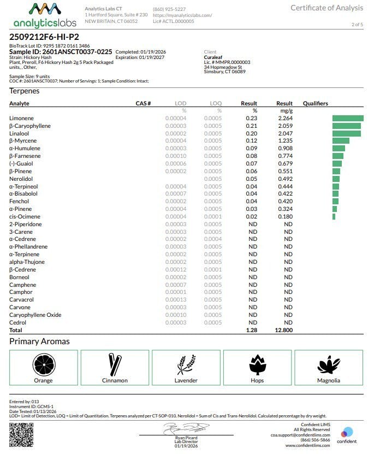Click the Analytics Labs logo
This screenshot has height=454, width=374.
tap(45, 15)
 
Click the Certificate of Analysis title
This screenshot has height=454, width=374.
tap(326, 8)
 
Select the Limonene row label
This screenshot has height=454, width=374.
tap(21, 119)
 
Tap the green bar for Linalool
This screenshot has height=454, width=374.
tap(346, 133)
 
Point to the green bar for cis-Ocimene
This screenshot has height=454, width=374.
tap(334, 216)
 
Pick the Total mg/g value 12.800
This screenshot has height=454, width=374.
tap(283, 331)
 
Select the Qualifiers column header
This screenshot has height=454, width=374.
tap(316, 103)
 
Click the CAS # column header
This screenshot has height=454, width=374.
tap(143, 103)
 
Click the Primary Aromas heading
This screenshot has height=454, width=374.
tap(39, 341)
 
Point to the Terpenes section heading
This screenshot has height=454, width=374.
tap(25, 91)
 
